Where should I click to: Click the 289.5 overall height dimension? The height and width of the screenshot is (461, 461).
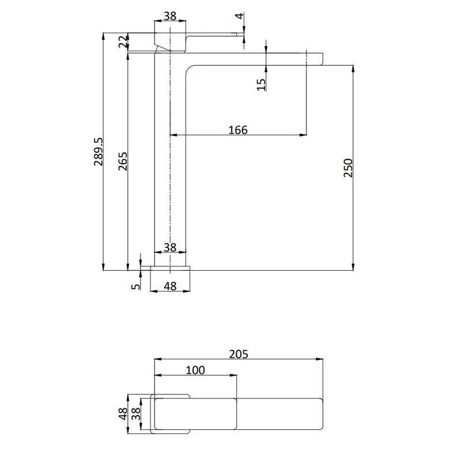click(99, 152)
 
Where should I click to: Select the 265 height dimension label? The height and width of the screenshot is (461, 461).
click(123, 161)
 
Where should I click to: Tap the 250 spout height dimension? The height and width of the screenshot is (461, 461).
click(348, 168)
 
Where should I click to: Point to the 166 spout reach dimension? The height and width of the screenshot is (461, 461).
click(238, 130)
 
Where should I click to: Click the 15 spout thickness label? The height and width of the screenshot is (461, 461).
click(261, 84)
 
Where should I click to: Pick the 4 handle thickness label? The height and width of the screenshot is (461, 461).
click(240, 16)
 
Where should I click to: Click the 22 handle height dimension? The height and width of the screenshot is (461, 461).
click(123, 41)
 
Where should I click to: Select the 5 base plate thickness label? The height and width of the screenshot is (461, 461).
click(135, 286)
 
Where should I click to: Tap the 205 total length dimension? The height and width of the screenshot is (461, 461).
click(239, 354)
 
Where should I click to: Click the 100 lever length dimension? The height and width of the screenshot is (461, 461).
click(195, 370)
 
